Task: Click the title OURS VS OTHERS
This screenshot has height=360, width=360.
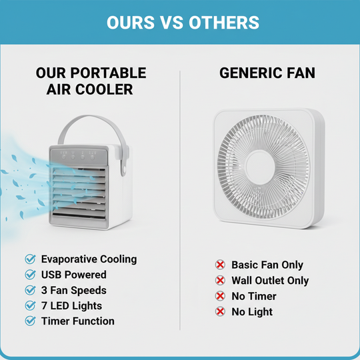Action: (183, 22)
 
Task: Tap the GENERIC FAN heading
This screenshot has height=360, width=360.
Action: (267, 73)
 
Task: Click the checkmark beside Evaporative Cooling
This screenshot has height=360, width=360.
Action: (30, 259)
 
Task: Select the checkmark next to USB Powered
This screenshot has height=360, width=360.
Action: (30, 275)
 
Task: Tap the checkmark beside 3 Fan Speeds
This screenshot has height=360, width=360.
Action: (30, 290)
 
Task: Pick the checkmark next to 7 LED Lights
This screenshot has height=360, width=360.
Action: (30, 305)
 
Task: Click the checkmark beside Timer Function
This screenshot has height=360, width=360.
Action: (30, 321)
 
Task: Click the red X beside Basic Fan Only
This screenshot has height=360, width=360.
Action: (220, 265)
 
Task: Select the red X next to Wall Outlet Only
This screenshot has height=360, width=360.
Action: (220, 281)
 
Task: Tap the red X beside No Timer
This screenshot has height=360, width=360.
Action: (220, 296)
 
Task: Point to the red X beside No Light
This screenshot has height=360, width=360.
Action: (220, 311)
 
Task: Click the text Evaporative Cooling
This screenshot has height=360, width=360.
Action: (89, 259)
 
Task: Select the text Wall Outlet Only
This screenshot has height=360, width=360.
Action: (270, 281)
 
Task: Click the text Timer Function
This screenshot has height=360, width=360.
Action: (78, 321)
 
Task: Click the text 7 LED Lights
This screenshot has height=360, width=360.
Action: (72, 305)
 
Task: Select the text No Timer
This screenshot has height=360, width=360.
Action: (253, 296)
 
